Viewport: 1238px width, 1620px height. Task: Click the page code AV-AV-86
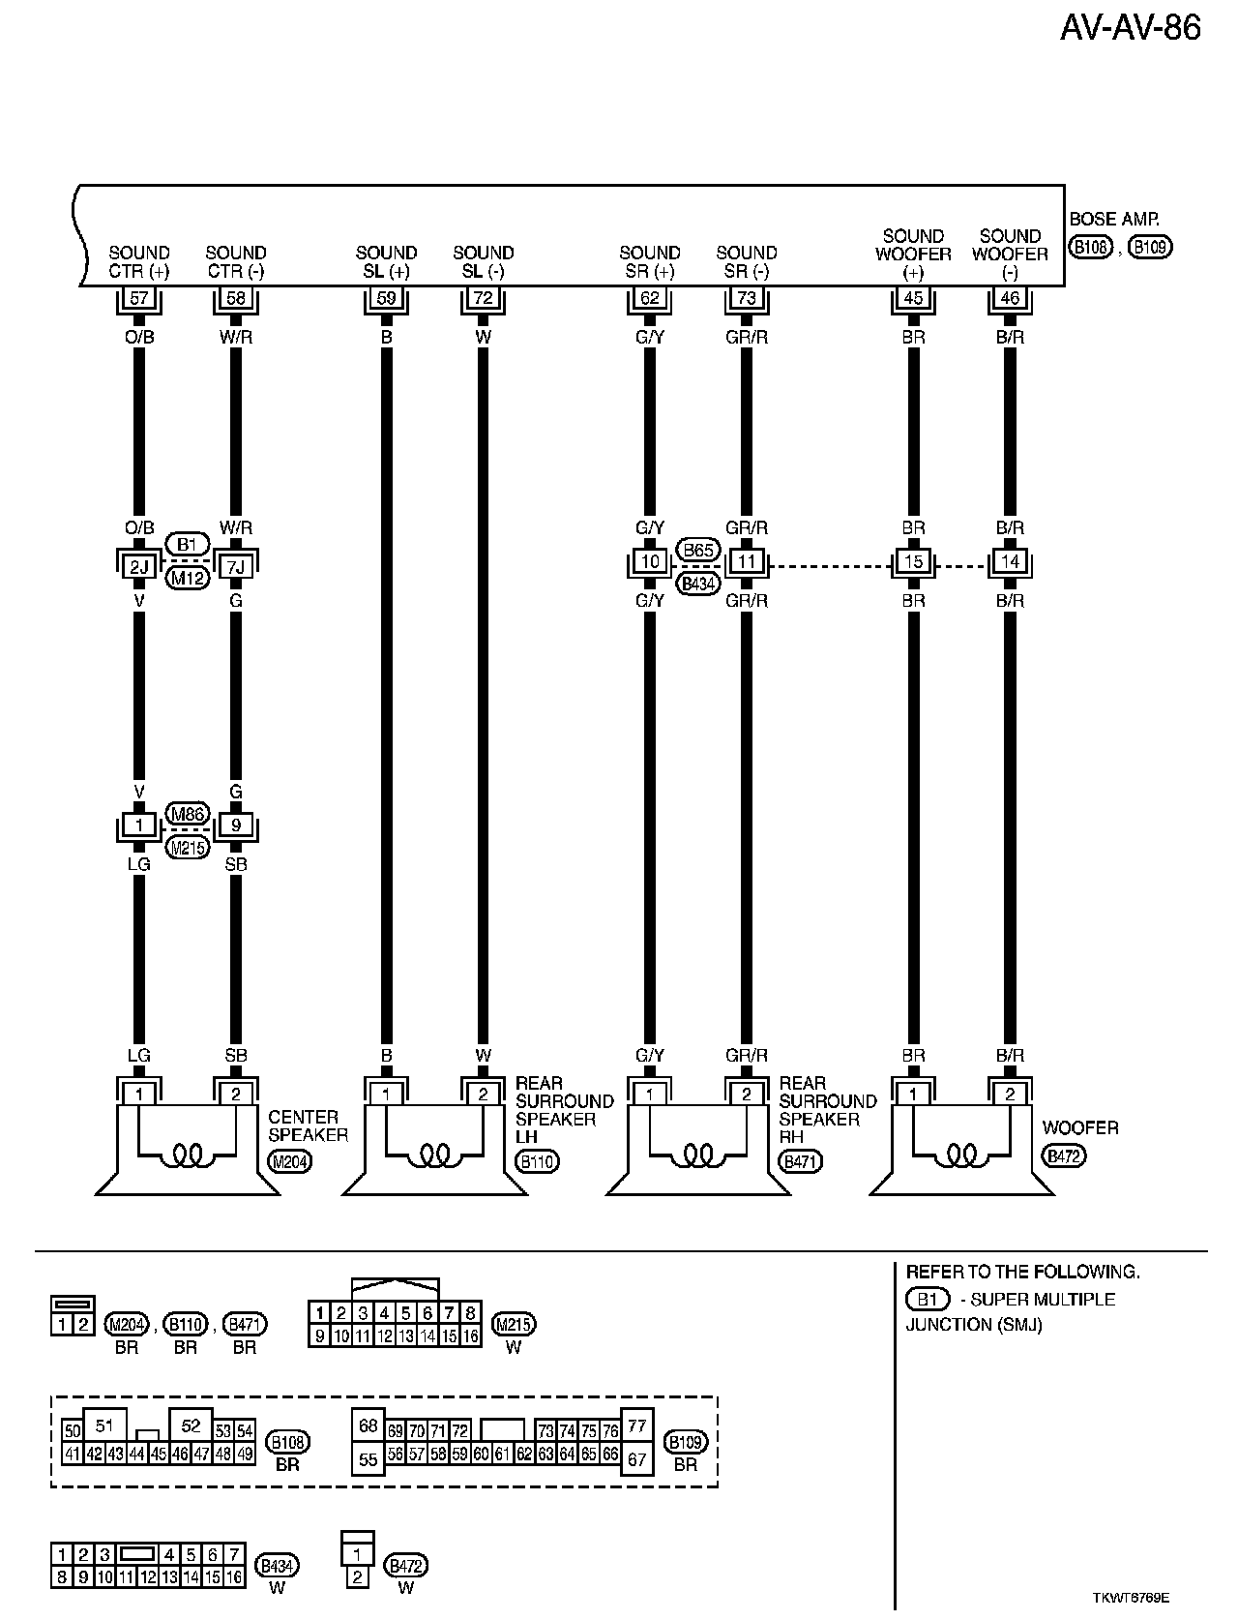pyautogui.click(x=1130, y=28)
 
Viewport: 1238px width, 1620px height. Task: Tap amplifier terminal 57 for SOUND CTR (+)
pyautogui.click(x=139, y=298)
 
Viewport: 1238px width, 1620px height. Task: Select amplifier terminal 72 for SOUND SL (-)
pyautogui.click(x=484, y=298)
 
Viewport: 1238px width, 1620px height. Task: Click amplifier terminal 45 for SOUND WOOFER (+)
pyautogui.click(x=913, y=298)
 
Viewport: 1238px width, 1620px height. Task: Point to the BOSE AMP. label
pyautogui.click(x=1113, y=220)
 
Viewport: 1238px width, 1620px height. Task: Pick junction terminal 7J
pyautogui.click(x=236, y=562)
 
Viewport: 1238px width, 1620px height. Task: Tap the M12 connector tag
pyautogui.click(x=187, y=579)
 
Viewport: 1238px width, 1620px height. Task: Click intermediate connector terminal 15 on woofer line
pyautogui.click(x=913, y=562)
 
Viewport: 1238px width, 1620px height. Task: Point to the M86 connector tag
pyautogui.click(x=187, y=813)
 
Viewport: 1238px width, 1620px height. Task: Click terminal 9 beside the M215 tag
pyautogui.click(x=236, y=825)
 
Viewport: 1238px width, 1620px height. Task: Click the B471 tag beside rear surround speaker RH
pyautogui.click(x=800, y=1161)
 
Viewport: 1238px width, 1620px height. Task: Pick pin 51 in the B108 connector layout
pyautogui.click(x=104, y=1425)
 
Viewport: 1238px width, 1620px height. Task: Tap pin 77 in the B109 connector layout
pyautogui.click(x=636, y=1425)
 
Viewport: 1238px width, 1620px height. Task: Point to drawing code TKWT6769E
pyautogui.click(x=1137, y=1599)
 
